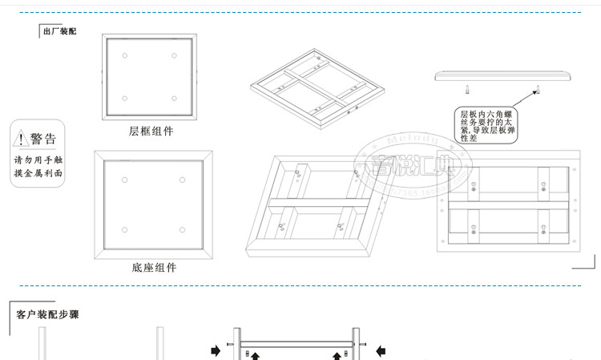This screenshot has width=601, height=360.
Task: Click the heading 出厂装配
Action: tap(60, 31)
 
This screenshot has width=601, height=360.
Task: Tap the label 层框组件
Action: tap(151, 131)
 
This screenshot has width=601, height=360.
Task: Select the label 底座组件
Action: tap(154, 267)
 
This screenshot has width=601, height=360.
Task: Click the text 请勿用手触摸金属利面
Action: tap(38, 166)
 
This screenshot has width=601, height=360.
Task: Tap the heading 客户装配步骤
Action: tap(47, 315)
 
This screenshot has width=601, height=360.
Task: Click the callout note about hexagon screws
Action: tap(486, 125)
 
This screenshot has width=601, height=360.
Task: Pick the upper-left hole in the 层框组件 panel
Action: tap(125, 55)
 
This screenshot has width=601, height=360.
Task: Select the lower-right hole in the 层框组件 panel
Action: tap(174, 99)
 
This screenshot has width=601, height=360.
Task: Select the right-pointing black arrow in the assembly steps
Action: tap(216, 350)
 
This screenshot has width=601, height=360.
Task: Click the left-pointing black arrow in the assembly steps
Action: tap(382, 350)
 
